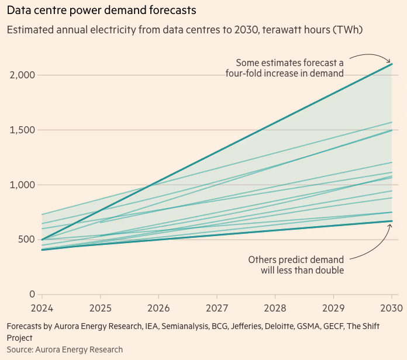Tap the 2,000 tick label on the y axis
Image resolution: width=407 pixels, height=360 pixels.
(x=23, y=75)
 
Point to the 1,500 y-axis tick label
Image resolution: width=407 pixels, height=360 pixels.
(x=23, y=130)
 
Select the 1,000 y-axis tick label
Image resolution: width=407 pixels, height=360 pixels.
(x=23, y=185)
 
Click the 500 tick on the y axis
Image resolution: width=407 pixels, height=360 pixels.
(x=27, y=240)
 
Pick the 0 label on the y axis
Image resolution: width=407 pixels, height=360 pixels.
(x=32, y=295)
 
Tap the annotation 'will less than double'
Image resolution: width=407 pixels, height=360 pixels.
(x=302, y=271)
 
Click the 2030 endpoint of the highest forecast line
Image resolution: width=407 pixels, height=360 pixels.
(x=391, y=64)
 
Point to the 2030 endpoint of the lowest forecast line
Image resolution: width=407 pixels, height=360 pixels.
(x=391, y=221)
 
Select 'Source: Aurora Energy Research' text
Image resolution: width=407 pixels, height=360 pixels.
(x=65, y=349)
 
